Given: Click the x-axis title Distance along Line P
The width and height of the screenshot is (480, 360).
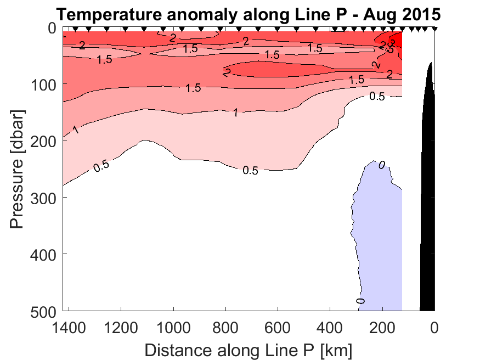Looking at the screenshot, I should [249, 350].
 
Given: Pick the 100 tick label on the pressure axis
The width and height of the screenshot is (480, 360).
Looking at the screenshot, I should [43, 84].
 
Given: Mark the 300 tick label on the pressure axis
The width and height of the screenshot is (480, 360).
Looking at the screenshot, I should [43, 197].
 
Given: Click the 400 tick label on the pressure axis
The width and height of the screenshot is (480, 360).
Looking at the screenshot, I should [43, 254].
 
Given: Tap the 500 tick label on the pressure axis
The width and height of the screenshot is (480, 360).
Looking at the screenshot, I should [43, 311].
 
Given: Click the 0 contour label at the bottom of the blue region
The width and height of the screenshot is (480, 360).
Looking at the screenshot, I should [360, 301].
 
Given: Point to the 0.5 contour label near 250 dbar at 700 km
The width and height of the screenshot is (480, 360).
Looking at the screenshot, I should [250, 170].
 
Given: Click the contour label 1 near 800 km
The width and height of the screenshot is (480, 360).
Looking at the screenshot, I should [235, 113].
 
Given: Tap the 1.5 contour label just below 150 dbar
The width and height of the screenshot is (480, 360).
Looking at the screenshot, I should [193, 88].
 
